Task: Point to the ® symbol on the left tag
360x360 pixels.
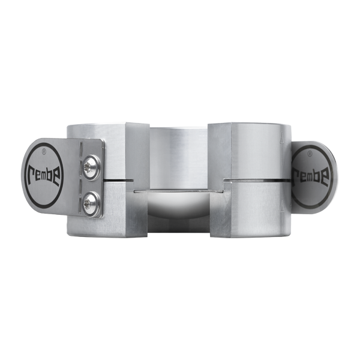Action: [50, 146]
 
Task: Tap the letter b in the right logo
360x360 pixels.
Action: [318, 176]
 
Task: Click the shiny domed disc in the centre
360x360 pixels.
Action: [179, 206]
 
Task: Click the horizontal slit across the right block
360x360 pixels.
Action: [258, 179]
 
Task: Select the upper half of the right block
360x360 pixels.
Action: [252, 150]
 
